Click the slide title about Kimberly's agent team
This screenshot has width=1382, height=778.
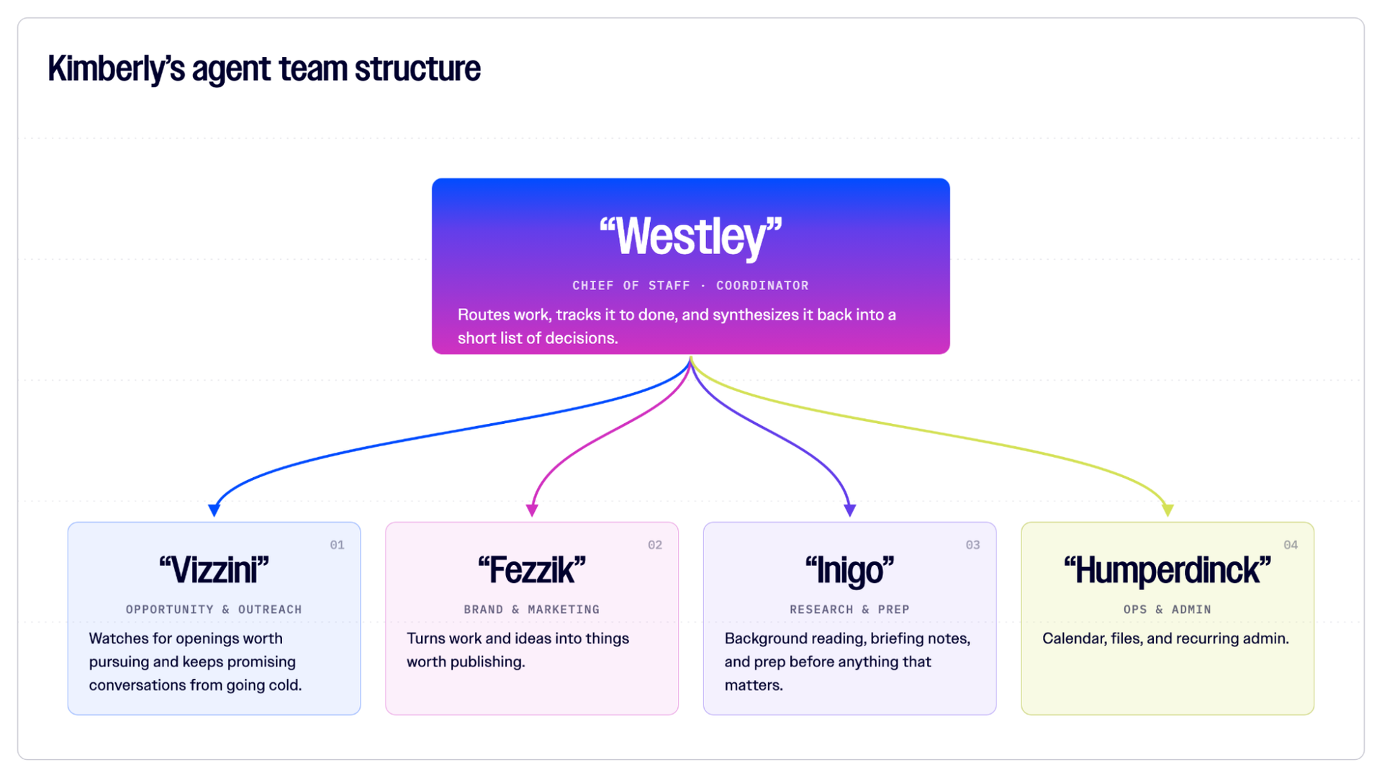tap(264, 69)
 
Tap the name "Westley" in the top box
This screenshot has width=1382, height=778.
tap(690, 237)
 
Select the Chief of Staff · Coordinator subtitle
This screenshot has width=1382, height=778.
tap(690, 286)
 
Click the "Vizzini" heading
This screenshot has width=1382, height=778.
tap(214, 570)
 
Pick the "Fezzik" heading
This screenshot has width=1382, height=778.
tap(532, 570)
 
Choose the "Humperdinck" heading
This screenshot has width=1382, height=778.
tap(1168, 571)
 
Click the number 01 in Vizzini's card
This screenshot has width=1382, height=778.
tap(337, 545)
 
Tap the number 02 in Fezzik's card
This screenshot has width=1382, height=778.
tap(655, 545)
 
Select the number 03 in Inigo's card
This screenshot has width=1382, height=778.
tap(972, 545)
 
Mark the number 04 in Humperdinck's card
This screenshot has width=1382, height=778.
tap(1291, 545)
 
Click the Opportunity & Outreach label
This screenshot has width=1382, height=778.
tap(214, 610)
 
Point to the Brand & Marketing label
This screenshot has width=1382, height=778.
tap(532, 610)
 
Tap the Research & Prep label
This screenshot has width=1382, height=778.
tap(849, 610)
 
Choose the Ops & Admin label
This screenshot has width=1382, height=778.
tap(1168, 610)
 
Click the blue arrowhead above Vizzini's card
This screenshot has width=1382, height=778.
tap(214, 510)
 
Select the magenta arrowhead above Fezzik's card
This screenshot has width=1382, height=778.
tap(532, 510)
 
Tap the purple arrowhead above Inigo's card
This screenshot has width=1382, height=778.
tap(850, 510)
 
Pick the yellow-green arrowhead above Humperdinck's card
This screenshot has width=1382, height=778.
tap(1168, 510)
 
